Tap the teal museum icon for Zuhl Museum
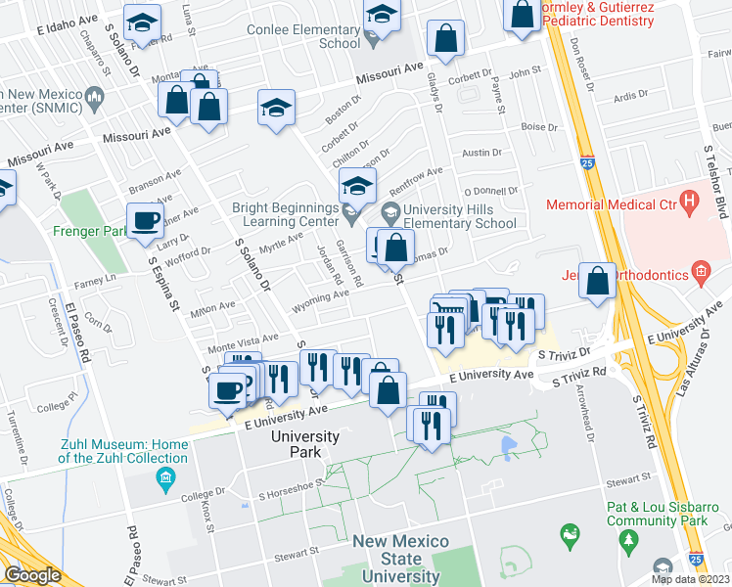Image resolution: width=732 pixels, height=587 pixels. [164, 477]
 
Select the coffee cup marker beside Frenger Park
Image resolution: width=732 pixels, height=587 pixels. [146, 221]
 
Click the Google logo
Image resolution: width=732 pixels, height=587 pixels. [33, 575]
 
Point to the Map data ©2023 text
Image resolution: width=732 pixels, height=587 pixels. [690, 579]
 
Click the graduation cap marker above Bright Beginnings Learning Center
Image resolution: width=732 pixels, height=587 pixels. [357, 185]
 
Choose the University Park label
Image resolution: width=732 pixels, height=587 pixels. [305, 443]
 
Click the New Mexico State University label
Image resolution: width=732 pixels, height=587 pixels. [400, 559]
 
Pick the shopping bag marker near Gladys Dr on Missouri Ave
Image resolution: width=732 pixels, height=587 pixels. [445, 39]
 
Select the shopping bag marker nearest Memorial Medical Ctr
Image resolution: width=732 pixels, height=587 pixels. [597, 281]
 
